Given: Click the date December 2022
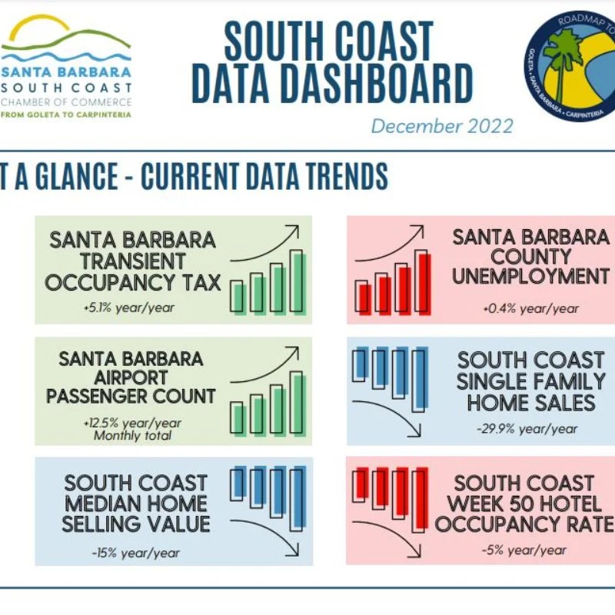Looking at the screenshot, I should tap(441, 125).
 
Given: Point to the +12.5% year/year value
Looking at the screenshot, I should tap(131, 423).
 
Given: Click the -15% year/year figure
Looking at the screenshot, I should tap(135, 552).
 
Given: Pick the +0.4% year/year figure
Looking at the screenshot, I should tap(530, 308).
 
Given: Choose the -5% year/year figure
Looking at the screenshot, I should tap(525, 550).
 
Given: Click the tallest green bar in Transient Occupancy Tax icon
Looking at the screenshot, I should tap(296, 282).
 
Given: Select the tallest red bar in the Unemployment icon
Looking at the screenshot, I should tap(421, 282).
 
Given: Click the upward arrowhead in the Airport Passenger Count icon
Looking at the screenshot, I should tap(292, 352).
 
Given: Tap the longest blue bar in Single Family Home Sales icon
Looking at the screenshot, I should tap(419, 380).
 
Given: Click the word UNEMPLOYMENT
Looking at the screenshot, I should tap(530, 276).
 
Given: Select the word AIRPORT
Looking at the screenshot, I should tap(131, 377).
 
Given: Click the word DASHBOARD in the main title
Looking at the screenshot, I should tap(331, 85).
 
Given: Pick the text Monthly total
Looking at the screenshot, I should tap(131, 436).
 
